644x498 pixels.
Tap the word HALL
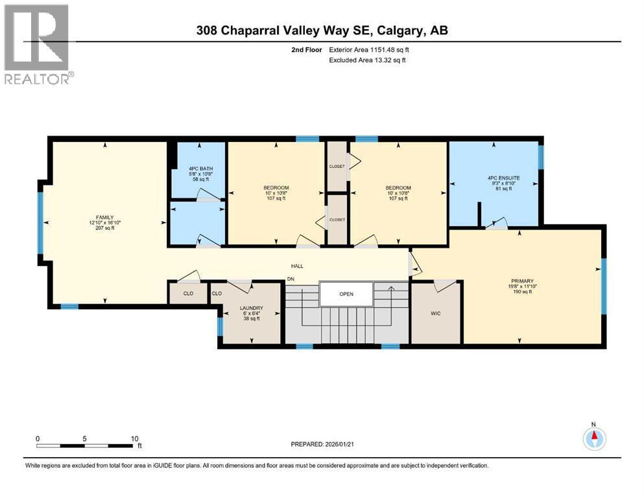point(297,266)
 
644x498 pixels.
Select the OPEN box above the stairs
point(346,294)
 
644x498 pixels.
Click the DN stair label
point(292,279)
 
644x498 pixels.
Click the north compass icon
point(593,438)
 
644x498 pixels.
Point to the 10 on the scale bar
point(134,438)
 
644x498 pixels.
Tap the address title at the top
point(322,30)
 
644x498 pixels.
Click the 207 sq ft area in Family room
point(105,228)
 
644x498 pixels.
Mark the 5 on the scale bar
point(85,438)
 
